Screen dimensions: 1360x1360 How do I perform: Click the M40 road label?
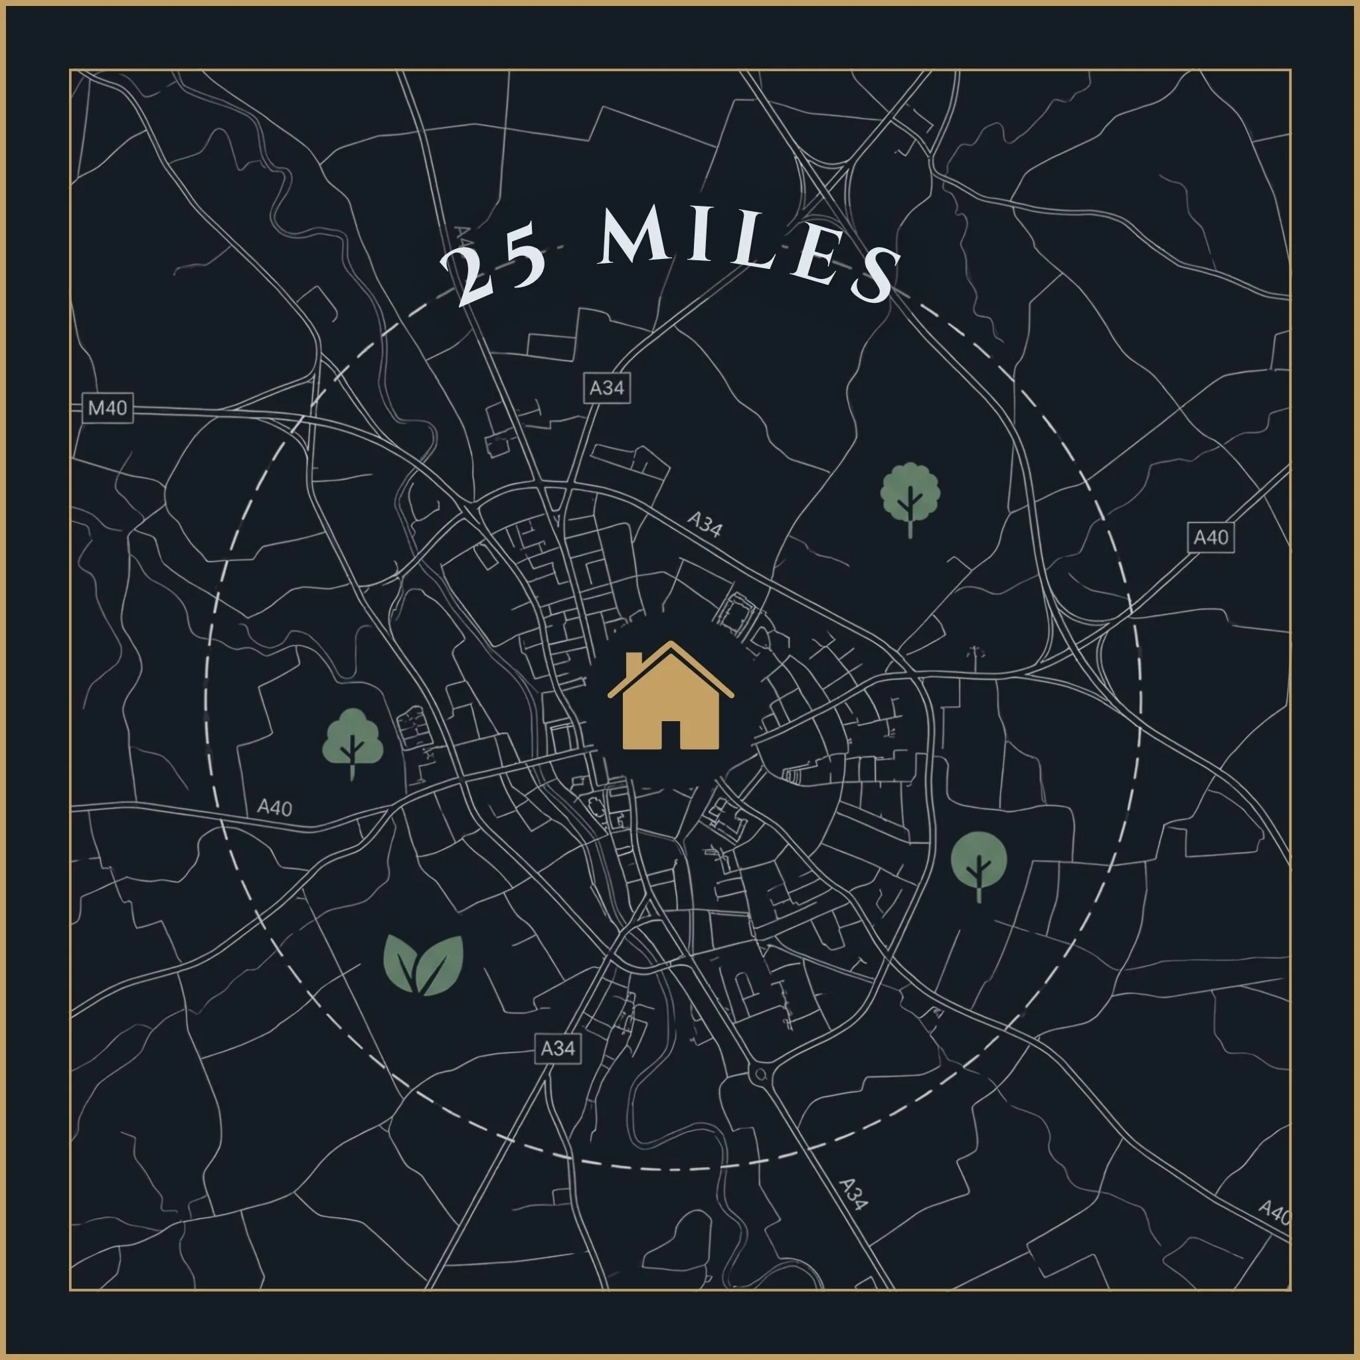click(x=108, y=408)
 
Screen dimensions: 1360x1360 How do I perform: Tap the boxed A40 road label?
click(x=1210, y=538)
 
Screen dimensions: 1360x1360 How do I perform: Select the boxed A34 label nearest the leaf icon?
click(x=558, y=1049)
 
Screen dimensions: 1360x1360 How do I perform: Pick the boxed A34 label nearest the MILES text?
click(x=606, y=388)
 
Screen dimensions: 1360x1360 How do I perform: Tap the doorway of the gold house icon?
click(x=671, y=734)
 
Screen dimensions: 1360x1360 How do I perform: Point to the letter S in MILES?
click(x=876, y=278)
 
